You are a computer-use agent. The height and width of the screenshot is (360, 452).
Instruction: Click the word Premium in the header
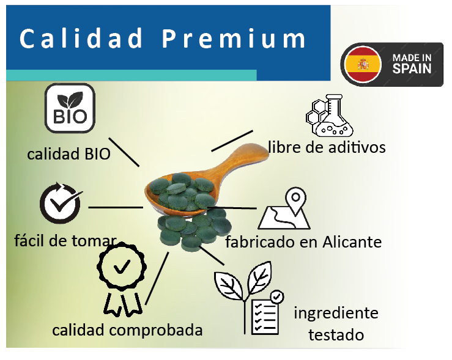(234, 39)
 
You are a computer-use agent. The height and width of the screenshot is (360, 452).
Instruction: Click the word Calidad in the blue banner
(81, 38)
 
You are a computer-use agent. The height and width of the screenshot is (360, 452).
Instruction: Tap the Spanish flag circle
(363, 65)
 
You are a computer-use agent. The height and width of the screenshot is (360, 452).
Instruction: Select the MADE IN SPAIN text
(412, 64)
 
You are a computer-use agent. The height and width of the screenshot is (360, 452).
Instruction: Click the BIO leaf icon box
(70, 108)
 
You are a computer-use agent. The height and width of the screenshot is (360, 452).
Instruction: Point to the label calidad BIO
(69, 154)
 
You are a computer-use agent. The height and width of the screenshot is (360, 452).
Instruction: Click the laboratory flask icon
(330, 115)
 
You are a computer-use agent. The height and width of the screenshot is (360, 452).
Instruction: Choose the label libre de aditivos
(327, 147)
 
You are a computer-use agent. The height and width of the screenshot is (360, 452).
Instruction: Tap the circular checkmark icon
(61, 203)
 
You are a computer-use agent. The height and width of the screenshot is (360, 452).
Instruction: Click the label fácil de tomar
(65, 241)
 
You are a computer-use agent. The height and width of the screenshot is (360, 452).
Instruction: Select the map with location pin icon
(284, 208)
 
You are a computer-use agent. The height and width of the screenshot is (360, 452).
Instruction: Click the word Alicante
(352, 241)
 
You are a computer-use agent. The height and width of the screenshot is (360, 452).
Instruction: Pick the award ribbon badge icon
(122, 279)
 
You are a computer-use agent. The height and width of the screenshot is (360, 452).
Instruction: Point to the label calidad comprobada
(127, 330)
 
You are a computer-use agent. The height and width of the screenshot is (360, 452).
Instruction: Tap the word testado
(336, 335)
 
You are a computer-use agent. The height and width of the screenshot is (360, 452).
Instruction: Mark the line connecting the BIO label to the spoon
(124, 152)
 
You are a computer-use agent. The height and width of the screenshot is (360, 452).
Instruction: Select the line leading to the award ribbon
(157, 278)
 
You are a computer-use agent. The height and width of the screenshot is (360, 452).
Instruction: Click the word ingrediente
(336, 314)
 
